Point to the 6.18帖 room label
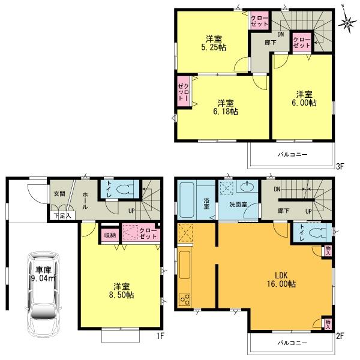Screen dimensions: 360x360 click(x=225, y=107)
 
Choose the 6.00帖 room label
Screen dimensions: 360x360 click(x=304, y=98)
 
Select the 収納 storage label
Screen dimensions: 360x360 click(x=109, y=234)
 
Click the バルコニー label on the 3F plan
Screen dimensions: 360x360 click(x=292, y=154)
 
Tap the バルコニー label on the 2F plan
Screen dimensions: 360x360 click(x=292, y=343)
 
